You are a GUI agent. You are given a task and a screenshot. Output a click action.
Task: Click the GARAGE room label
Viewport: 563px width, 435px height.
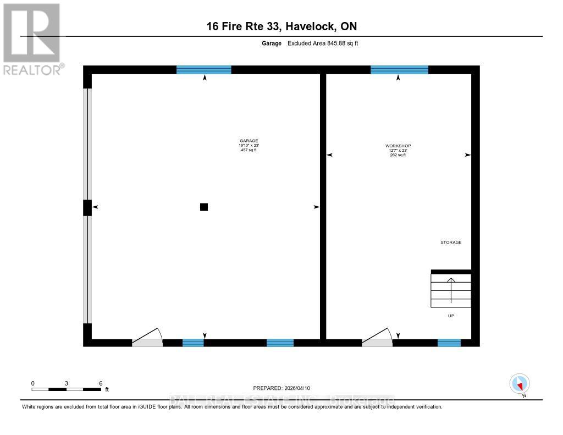point(249,141)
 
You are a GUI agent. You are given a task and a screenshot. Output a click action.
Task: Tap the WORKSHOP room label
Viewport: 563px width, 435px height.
point(398,146)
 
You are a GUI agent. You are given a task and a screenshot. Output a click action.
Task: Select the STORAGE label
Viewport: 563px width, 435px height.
point(450,242)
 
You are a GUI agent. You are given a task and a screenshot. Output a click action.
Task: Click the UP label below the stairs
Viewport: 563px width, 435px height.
point(451,316)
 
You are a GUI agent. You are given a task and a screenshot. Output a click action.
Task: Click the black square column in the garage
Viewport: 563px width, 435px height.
point(204,207)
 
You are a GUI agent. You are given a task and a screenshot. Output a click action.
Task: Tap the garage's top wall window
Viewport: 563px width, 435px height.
point(203,70)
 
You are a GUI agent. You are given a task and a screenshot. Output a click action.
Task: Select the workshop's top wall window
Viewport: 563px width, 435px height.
point(399,70)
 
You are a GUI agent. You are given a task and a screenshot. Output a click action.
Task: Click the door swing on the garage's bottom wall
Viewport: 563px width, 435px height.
point(147,338)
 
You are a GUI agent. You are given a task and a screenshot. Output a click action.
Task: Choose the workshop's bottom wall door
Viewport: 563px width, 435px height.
point(377,339)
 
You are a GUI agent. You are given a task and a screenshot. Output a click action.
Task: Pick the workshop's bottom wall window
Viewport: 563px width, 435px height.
point(449,343)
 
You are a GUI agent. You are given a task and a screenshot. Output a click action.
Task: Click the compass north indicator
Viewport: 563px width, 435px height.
point(520,384)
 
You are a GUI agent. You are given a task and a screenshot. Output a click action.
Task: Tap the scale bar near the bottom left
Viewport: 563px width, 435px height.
point(66,389)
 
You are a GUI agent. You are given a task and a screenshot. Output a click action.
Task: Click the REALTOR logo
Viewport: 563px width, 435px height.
point(31,38)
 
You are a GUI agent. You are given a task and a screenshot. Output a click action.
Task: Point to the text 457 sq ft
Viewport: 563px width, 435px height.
point(249,150)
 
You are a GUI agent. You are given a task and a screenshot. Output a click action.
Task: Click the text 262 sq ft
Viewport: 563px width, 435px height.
point(398,155)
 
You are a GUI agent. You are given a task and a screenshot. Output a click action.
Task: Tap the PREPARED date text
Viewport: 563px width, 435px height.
point(285,388)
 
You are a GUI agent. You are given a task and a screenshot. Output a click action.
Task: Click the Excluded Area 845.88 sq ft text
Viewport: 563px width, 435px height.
point(323,43)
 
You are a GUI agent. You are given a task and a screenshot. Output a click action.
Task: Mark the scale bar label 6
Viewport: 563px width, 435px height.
point(101,383)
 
